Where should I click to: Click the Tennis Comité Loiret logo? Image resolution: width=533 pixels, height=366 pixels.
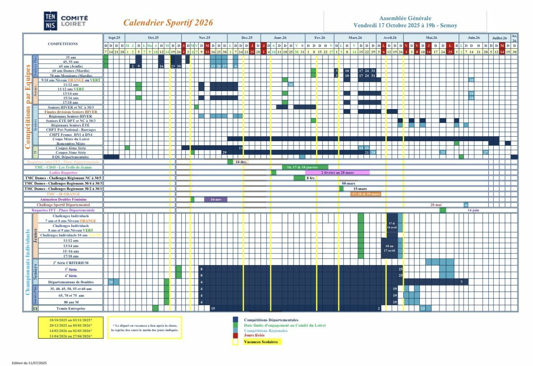pyautogui.click(x=66, y=21)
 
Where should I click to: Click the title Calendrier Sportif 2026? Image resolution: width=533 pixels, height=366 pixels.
pyautogui.click(x=168, y=23)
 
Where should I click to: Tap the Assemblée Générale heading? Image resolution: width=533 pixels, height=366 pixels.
pyautogui.click(x=405, y=18)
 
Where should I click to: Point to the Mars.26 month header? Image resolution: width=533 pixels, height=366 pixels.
pyautogui.click(x=355, y=38)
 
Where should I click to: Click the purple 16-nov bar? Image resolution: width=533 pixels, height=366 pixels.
pyautogui.click(x=216, y=199)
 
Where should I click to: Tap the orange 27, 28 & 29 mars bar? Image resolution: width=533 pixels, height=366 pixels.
pyautogui.click(x=366, y=194)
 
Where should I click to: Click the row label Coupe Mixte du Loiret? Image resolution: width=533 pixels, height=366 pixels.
pyautogui.click(x=68, y=139)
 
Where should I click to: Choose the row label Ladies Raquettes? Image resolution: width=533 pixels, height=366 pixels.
pyautogui.click(x=64, y=172)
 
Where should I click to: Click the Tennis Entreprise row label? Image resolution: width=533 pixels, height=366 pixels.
pyautogui.click(x=69, y=308)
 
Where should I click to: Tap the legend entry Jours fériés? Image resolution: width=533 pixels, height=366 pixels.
pyautogui.click(x=254, y=335)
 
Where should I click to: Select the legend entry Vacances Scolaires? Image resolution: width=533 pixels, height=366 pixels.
pyautogui.click(x=260, y=342)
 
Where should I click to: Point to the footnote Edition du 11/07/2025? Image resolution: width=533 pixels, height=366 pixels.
pyautogui.click(x=29, y=363)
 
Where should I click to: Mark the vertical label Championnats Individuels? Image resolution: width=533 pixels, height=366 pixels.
pyautogui.click(x=28, y=262)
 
